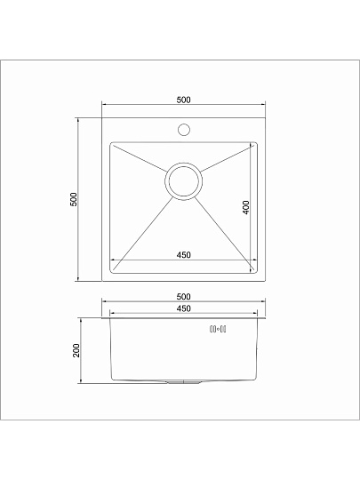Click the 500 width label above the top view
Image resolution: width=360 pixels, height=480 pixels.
(183, 100)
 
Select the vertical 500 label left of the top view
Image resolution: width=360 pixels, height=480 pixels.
(74, 199)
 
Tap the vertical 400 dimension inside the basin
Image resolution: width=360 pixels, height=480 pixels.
(245, 207)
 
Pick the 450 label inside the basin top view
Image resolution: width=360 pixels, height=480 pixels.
(183, 255)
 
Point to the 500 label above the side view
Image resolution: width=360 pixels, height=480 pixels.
(183, 297)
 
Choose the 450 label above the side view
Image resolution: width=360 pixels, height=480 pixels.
(183, 308)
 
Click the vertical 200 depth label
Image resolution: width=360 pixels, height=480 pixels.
(76, 350)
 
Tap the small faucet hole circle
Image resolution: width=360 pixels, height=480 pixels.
(184, 130)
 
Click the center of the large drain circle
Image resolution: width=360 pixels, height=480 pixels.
(183, 181)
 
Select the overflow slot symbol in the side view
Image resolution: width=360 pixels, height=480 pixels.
(218, 330)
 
